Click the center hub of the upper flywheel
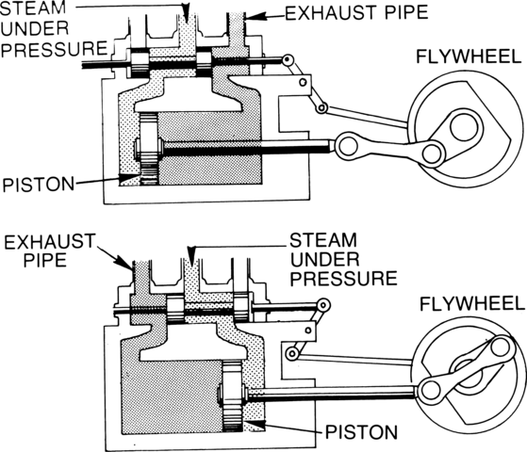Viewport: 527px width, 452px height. (465, 125)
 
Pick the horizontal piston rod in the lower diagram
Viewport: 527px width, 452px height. (330, 390)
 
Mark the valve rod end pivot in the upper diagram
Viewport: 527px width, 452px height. (288, 61)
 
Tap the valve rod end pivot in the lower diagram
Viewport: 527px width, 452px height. (323, 305)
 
